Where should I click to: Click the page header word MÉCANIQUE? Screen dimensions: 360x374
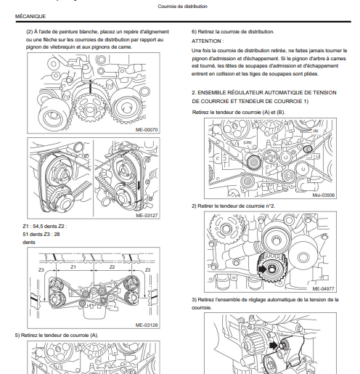30,16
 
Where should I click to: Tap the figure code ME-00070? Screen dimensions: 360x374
147,130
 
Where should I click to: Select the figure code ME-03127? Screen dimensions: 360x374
147,215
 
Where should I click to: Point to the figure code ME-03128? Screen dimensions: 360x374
147,325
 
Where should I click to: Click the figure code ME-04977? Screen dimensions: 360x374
323,288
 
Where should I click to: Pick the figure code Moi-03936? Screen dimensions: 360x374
323,195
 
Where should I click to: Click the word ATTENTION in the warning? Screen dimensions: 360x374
206,41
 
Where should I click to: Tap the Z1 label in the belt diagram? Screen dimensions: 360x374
73,267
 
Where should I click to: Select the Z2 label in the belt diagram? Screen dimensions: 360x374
112,267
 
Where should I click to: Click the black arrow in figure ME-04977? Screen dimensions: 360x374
263,269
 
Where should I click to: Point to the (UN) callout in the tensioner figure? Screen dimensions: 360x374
247,142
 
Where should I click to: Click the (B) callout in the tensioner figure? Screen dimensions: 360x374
316,131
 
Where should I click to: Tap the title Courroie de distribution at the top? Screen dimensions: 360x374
183,7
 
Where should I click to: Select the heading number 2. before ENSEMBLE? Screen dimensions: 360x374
194,93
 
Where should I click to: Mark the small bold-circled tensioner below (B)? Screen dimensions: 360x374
308,149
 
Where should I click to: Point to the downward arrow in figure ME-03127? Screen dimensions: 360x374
139,185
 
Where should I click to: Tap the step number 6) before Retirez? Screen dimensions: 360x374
194,32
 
